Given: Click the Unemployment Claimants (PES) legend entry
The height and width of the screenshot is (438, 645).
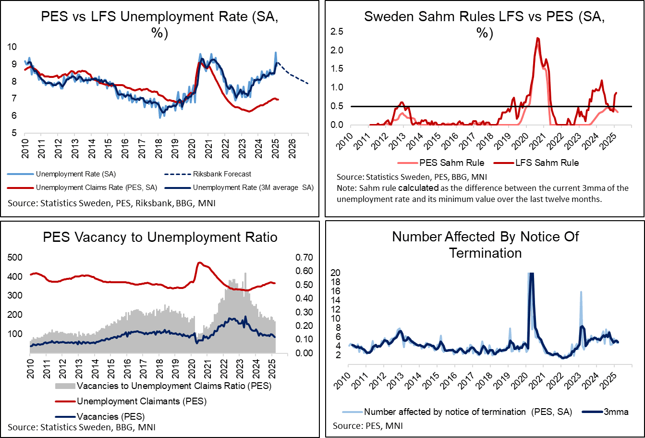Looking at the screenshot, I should click(141, 401).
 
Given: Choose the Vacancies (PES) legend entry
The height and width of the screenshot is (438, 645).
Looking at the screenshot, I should click(110, 416).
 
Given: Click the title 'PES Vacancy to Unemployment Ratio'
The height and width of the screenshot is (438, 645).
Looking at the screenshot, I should click(160, 238).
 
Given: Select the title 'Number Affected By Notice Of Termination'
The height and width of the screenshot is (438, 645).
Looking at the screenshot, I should click(485, 245).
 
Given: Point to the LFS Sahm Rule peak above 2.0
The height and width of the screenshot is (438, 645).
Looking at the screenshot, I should click(537, 38).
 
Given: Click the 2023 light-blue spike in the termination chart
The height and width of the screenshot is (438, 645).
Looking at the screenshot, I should click(581, 292).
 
